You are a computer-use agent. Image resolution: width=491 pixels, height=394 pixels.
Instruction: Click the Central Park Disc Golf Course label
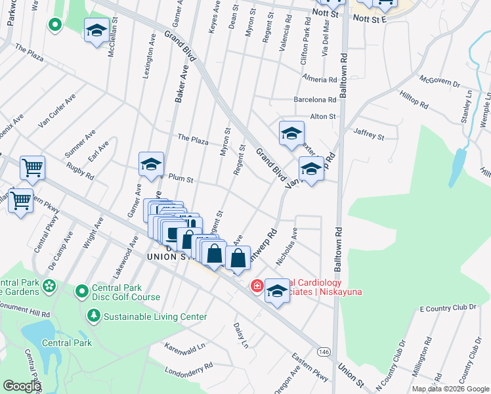click(127, 292)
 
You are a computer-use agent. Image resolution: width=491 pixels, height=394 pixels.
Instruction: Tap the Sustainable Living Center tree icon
click(94, 317)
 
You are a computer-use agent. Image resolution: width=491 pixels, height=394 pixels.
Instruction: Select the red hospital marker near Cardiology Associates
click(257, 286)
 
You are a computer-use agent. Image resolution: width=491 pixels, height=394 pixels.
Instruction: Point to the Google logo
click(22, 386)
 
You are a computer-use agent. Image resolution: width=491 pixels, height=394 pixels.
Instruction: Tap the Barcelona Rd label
click(315, 100)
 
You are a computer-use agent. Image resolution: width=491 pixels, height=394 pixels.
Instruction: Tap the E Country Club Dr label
click(446, 307)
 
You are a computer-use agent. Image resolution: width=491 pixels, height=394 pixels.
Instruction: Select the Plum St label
click(181, 178)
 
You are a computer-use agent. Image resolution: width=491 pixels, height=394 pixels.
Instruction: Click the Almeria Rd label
click(319, 79)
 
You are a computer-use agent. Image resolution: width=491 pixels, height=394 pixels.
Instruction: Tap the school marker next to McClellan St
click(96, 31)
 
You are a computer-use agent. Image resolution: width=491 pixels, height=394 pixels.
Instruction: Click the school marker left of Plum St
click(151, 164)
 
